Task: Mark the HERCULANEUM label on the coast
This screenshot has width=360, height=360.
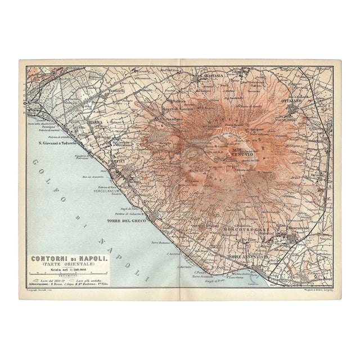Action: [x=108, y=190]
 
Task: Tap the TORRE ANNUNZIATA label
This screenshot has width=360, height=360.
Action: [x=247, y=257]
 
